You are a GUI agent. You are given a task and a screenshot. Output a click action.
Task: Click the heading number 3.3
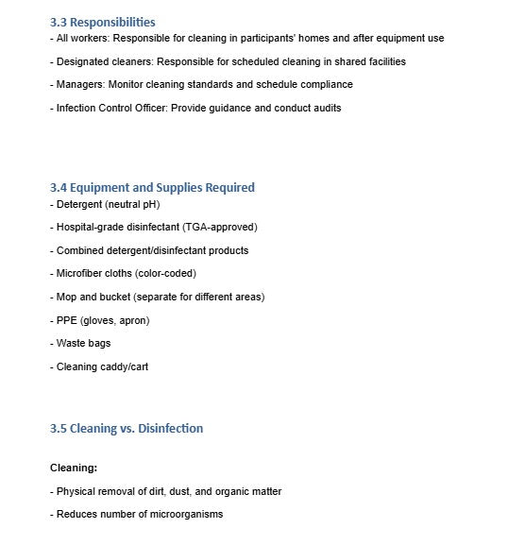(58, 22)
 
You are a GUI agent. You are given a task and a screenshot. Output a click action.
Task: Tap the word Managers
(80, 84)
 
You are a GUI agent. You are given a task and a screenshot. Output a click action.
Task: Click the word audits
(323, 108)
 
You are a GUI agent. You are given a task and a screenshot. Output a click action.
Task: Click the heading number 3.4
(58, 187)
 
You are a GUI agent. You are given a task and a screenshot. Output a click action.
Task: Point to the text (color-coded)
(166, 274)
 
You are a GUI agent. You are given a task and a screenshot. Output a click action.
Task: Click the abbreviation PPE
(66, 320)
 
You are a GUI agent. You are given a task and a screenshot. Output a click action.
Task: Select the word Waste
(72, 343)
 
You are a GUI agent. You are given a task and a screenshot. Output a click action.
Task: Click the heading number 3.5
(58, 428)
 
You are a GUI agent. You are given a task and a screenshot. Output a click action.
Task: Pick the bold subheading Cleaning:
(74, 468)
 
